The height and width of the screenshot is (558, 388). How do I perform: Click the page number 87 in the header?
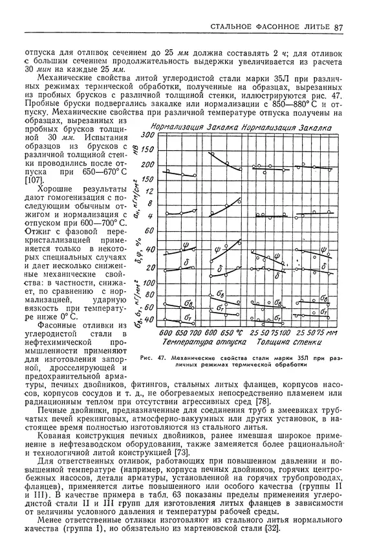point(338,27)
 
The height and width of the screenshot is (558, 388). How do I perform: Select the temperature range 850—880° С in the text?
point(276,103)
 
